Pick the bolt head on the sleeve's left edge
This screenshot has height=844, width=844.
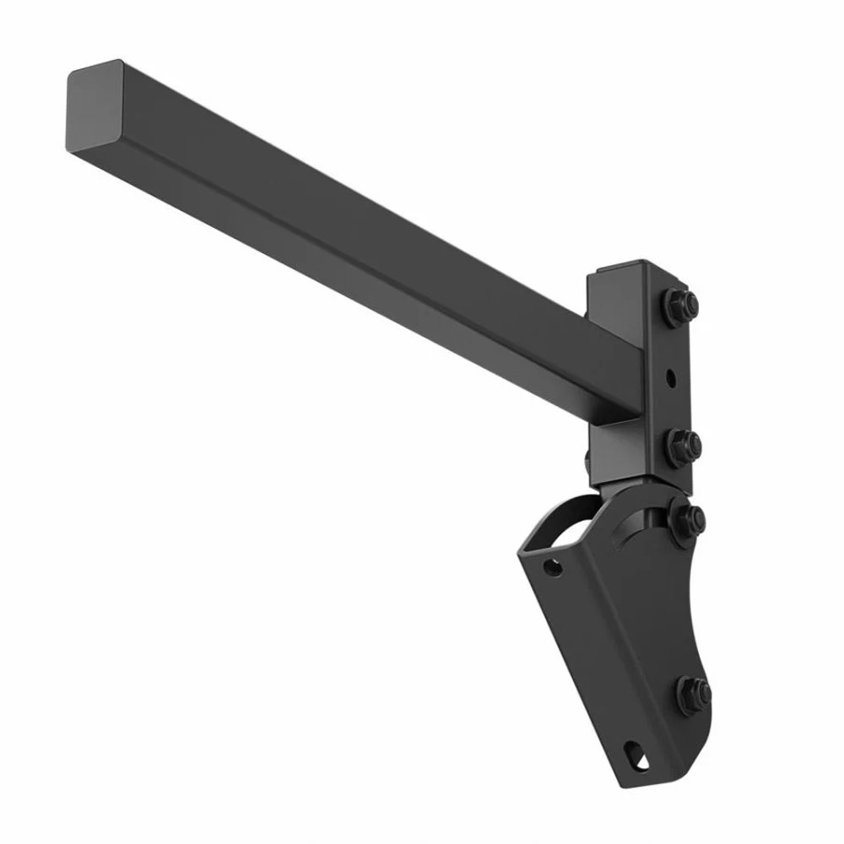click(584, 459)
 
